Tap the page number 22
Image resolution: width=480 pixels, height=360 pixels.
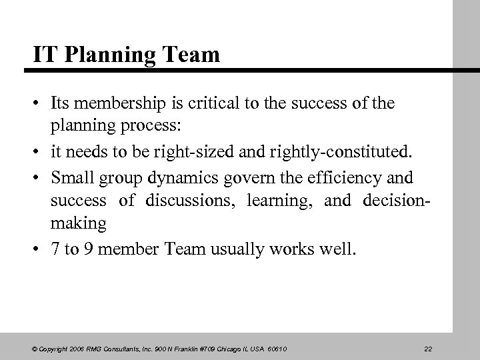(x=428, y=347)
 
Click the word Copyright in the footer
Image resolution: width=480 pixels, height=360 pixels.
(x=57, y=347)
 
